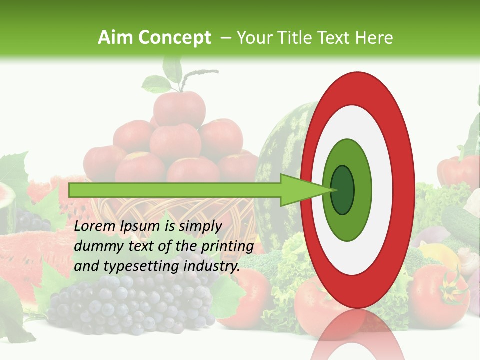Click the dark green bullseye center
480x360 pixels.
(342, 190)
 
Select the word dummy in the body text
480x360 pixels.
(97, 246)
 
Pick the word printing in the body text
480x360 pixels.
(227, 246)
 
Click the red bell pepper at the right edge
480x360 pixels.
(457, 172)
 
